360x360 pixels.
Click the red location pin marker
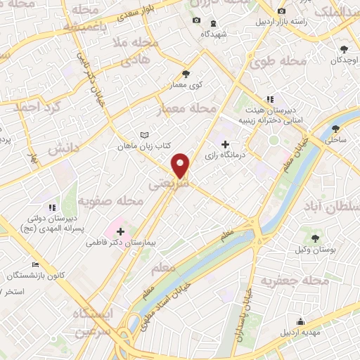click(x=181, y=165)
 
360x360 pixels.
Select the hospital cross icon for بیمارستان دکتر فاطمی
click(x=120, y=231)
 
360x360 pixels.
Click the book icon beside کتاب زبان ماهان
click(x=144, y=135)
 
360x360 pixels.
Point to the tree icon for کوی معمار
click(x=186, y=74)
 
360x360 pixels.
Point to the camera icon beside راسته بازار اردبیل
click(x=281, y=12)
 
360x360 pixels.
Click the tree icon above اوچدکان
click(x=344, y=49)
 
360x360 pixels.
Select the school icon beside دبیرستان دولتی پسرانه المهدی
click(x=51, y=208)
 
